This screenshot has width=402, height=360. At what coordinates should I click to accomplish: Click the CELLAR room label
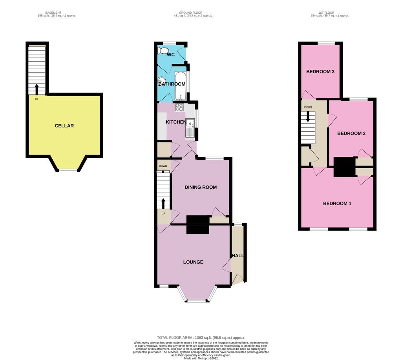(64, 126)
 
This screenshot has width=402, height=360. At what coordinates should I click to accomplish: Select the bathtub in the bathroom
(181, 85)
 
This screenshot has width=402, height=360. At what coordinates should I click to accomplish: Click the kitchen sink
(190, 129)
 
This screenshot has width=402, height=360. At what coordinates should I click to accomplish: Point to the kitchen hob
(179, 107)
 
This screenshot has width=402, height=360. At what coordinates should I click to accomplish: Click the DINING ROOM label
(201, 187)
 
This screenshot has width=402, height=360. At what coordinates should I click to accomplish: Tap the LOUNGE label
(193, 262)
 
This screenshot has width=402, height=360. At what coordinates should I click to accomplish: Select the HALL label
(238, 256)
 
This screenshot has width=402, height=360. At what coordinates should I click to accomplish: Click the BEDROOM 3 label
(320, 72)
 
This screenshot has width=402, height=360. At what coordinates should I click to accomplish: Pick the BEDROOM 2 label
(351, 133)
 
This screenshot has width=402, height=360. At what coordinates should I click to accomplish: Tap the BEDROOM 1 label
(337, 204)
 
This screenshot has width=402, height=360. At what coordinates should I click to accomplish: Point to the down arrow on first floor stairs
(308, 116)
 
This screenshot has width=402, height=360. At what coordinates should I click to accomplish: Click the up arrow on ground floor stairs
(163, 204)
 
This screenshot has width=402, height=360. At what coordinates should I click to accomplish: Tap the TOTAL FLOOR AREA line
(201, 337)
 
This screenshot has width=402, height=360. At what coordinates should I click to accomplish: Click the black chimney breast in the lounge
(197, 225)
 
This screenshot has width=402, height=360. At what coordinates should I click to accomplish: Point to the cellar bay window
(68, 170)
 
